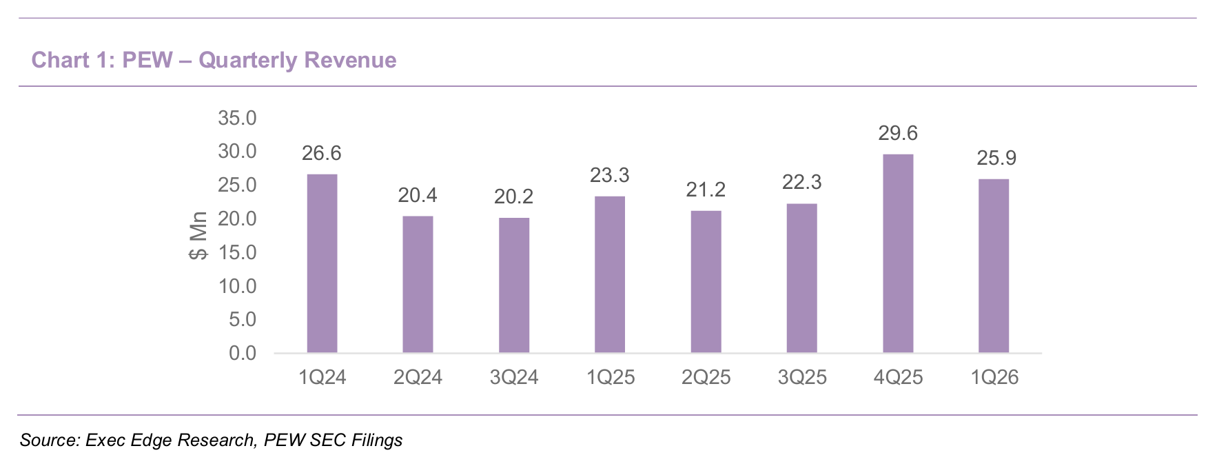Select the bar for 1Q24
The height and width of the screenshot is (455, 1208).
322,263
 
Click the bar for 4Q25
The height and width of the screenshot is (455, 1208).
898,254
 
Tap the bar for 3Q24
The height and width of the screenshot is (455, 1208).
514,285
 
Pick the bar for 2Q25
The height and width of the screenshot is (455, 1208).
706,282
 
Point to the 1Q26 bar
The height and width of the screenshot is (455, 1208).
994,266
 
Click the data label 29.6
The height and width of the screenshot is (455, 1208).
898,133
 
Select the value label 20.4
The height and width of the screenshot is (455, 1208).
418,195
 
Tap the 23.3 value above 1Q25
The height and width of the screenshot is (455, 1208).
610,175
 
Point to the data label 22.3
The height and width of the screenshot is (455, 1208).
802,182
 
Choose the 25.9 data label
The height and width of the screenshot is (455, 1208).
996,158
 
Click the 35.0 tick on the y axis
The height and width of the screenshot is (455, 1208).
237,118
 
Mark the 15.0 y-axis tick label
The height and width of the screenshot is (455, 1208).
237,252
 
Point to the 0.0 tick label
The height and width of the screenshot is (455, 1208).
243,353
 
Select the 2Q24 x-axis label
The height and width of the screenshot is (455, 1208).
418,377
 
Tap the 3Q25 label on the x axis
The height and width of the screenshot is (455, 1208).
802,377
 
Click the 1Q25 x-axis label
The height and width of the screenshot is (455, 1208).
610,377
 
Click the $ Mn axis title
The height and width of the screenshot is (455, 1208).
198,236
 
